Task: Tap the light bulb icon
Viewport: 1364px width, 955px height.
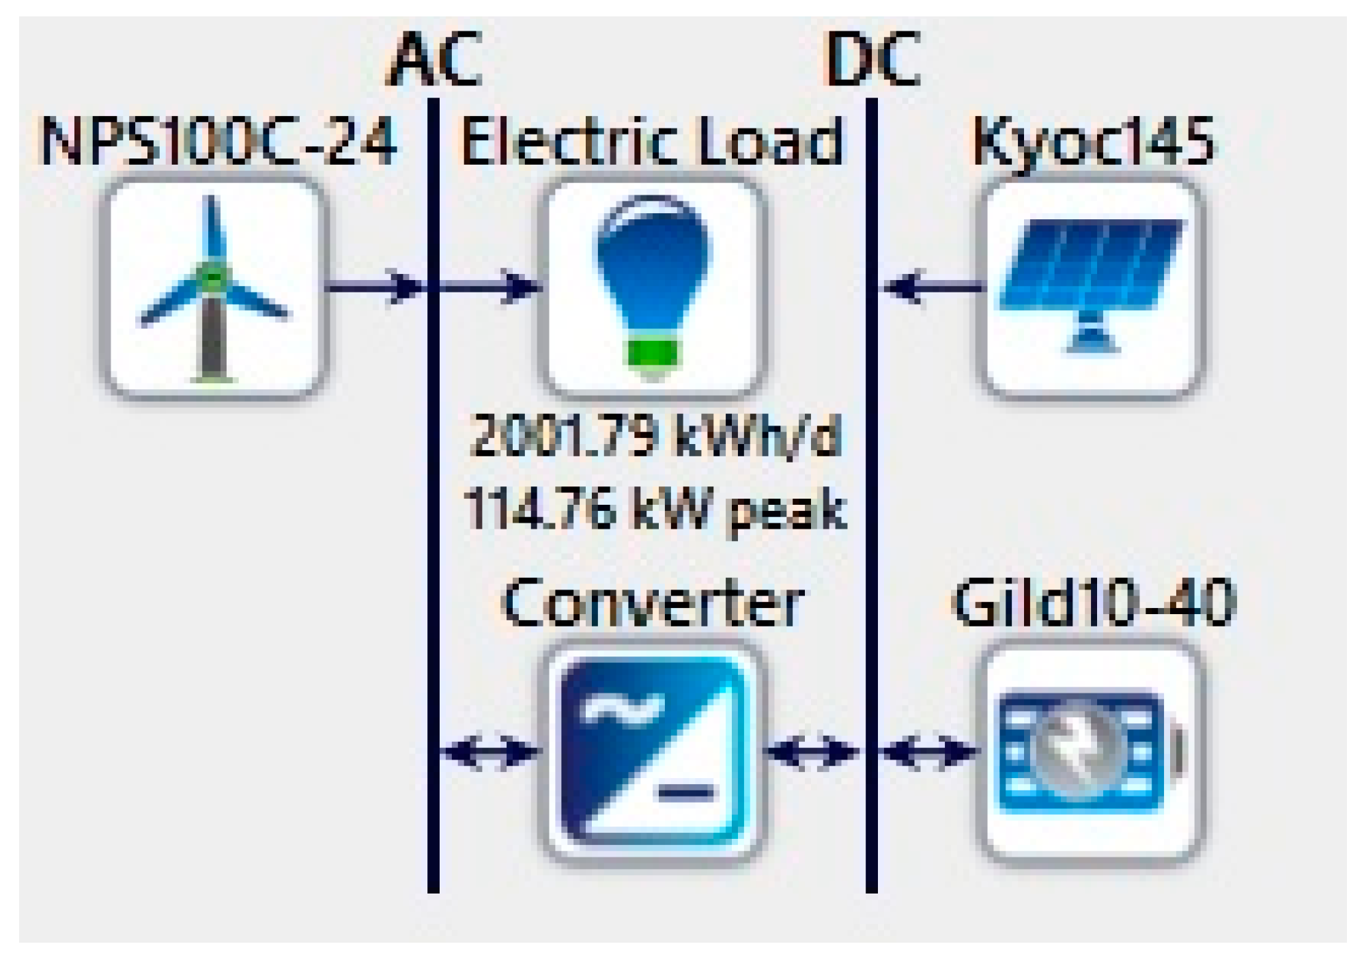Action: click(653, 287)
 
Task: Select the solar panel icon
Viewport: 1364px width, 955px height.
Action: click(1092, 287)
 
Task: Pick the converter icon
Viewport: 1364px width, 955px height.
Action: click(653, 751)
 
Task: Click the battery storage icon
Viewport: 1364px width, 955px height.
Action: click(1092, 751)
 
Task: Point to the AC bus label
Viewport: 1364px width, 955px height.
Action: click(434, 60)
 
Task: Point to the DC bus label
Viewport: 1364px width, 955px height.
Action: click(872, 60)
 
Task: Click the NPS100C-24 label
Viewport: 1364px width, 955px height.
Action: click(218, 142)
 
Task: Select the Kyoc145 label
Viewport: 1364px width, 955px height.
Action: click(1093, 142)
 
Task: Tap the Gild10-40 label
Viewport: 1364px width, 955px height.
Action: click(1093, 603)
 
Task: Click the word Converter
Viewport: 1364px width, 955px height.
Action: click(653, 604)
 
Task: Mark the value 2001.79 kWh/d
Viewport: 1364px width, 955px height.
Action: click(655, 437)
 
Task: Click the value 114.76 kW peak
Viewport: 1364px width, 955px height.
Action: click(655, 510)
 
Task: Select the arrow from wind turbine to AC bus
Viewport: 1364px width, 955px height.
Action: click(375, 286)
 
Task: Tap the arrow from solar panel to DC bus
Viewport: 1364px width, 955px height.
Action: click(932, 286)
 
